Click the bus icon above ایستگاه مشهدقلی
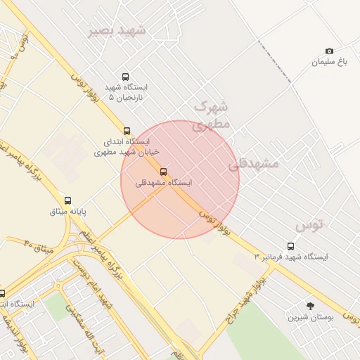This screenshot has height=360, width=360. (164, 172)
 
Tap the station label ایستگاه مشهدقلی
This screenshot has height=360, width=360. (163, 183)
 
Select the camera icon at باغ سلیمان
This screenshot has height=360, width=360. (329, 51)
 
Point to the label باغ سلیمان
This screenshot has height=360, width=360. (330, 62)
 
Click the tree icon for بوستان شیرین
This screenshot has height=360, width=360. (310, 305)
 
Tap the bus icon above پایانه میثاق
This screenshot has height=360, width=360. (68, 200)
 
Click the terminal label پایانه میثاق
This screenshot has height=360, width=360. (67, 211)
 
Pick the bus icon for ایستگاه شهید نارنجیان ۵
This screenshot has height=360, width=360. (125, 77)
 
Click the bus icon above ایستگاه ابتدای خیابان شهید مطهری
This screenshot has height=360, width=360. (127, 131)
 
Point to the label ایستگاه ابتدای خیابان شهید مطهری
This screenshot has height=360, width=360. (127, 146)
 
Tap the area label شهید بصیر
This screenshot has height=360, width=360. (117, 31)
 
